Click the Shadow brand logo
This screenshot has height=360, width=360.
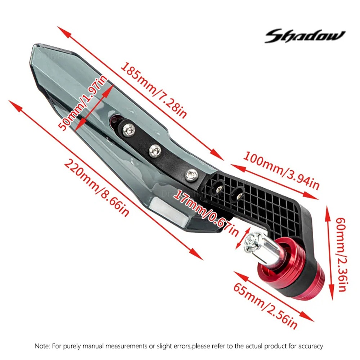click(305, 36)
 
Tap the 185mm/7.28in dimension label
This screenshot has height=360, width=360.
click(153, 90)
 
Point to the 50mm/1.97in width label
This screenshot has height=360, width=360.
click(82, 103)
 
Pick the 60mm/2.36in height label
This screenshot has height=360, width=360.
click(343, 255)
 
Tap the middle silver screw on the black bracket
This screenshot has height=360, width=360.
click(155, 150)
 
